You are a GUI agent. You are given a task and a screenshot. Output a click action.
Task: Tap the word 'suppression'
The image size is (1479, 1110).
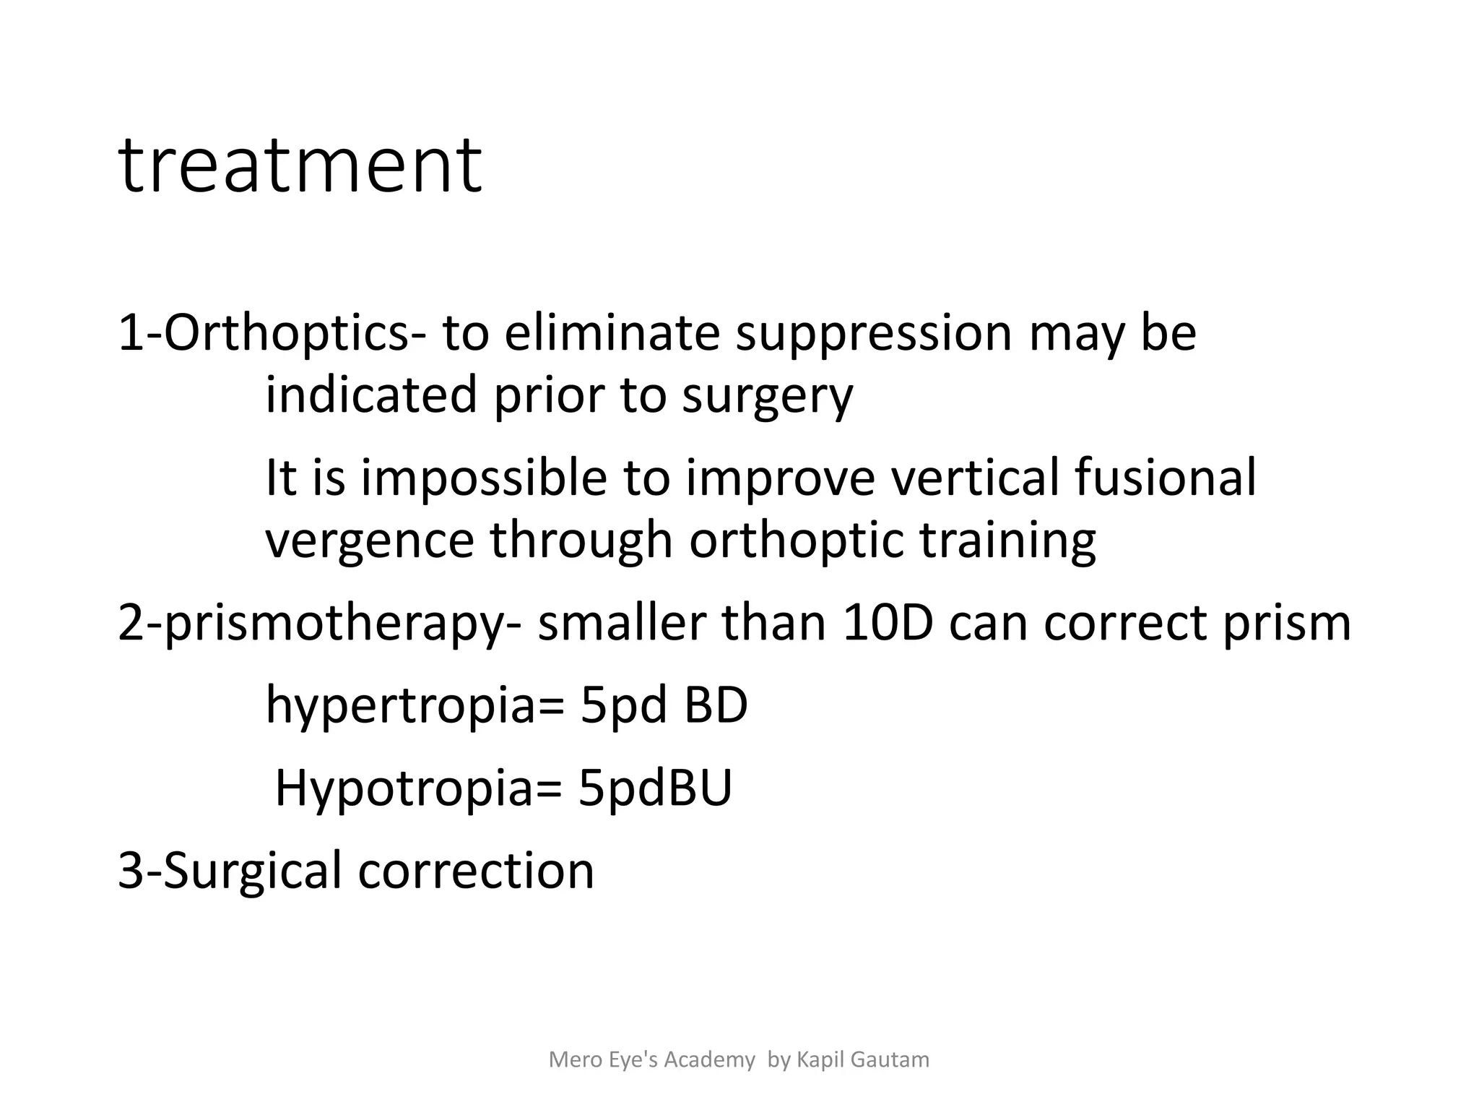(x=874, y=334)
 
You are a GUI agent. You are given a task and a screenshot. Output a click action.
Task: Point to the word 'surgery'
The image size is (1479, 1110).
(x=767, y=396)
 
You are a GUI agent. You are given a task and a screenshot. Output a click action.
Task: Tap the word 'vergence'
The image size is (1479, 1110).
(x=370, y=541)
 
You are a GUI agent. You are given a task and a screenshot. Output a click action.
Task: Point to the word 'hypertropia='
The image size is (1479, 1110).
(x=415, y=705)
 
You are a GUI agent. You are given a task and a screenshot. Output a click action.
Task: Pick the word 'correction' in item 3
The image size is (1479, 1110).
(x=476, y=871)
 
